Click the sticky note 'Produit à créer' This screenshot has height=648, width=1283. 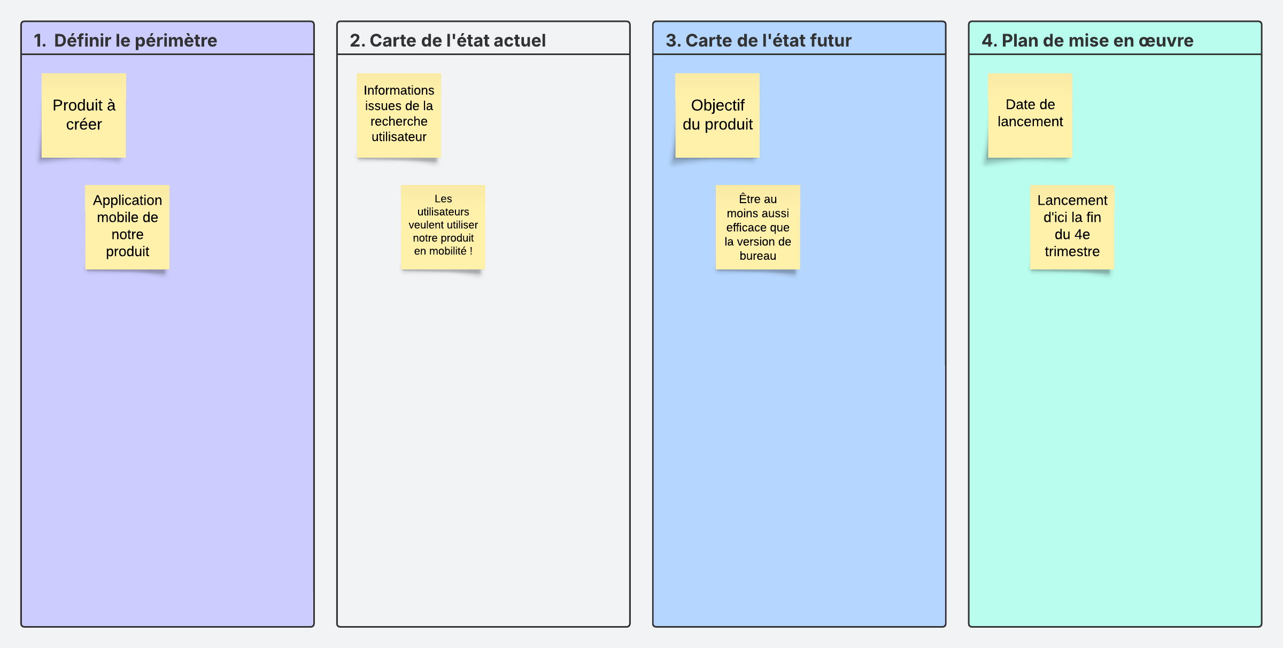coord(84,115)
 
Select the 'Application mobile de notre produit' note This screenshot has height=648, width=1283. coord(127,227)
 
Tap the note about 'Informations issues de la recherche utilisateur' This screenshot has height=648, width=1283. coord(399,115)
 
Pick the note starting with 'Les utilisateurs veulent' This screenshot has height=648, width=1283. coord(443,227)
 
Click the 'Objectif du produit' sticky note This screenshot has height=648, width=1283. coord(717,115)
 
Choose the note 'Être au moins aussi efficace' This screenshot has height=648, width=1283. coord(758,227)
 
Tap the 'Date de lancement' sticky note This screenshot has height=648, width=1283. coord(1030,115)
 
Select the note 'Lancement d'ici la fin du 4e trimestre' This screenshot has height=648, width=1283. coord(1072,227)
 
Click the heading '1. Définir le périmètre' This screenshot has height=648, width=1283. coord(125,40)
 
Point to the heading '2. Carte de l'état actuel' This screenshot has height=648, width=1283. coord(447,40)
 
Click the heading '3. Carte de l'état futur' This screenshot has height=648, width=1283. coord(759,40)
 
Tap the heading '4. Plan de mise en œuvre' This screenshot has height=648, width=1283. coord(1087,40)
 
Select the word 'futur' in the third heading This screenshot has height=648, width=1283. coord(831,41)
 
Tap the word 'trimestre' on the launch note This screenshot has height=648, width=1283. coord(1072,251)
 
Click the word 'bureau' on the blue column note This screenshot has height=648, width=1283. coord(758,256)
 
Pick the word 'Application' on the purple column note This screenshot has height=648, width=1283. coord(127,200)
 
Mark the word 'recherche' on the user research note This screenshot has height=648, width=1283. coord(399,121)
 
